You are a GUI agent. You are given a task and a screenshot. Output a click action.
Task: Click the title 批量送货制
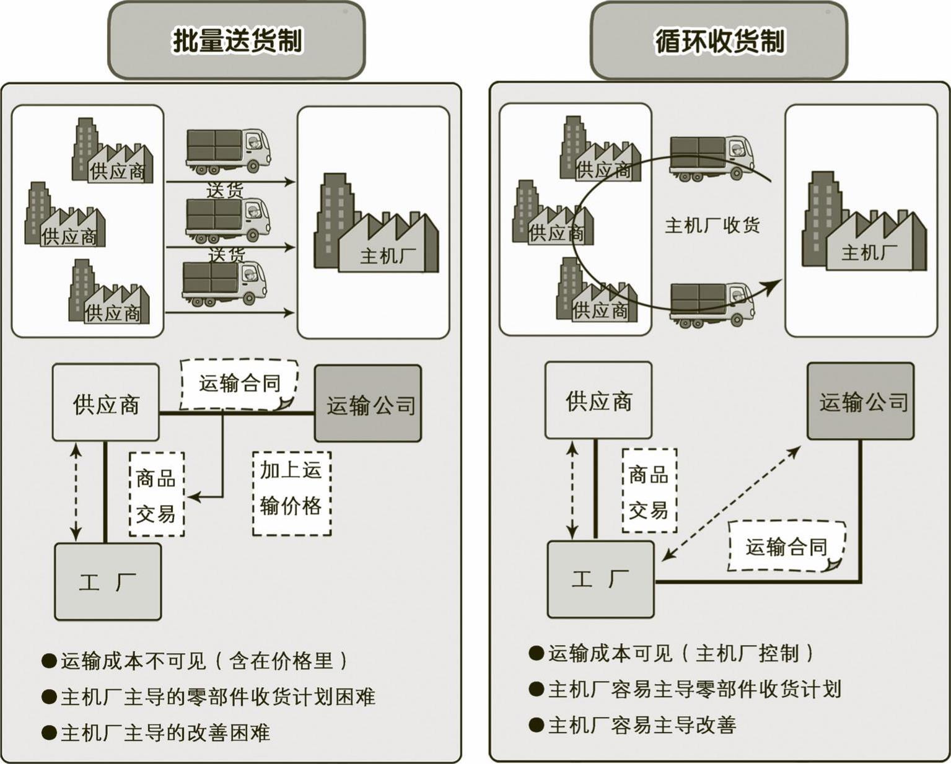pyautogui.click(x=237, y=41)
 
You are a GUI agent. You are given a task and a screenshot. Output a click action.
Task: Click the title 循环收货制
pyautogui.click(x=719, y=41)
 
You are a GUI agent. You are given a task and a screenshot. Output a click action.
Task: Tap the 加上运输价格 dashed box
pyautogui.click(x=291, y=493)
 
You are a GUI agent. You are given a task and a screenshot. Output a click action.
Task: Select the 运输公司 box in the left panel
pyautogui.click(x=369, y=403)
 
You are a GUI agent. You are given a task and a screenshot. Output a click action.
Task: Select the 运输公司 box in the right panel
pyautogui.click(x=861, y=402)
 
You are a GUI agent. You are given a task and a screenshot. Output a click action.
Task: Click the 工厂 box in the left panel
pyautogui.click(x=108, y=581)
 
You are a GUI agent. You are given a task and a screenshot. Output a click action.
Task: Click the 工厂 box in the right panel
pyautogui.click(x=600, y=579)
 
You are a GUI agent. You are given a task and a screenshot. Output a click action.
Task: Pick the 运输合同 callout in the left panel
pyautogui.click(x=239, y=384)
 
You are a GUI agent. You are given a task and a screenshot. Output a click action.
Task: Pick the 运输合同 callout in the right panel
pyautogui.click(x=786, y=546)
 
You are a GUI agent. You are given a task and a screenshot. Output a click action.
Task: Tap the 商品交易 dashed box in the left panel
pyautogui.click(x=156, y=494)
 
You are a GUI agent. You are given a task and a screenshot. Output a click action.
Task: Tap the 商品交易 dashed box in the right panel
pyautogui.click(x=649, y=491)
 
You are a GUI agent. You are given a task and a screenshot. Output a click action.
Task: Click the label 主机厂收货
pyautogui.click(x=712, y=225)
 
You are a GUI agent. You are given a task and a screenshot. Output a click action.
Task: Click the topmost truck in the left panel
pyautogui.click(x=228, y=151)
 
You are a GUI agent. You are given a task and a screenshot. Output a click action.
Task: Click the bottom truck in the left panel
pyautogui.click(x=224, y=283)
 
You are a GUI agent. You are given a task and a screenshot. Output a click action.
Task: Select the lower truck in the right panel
pyautogui.click(x=712, y=304)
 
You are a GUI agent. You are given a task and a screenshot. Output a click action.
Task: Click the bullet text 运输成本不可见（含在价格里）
pyautogui.click(x=204, y=661)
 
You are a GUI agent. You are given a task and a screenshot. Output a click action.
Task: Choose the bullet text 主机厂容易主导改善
pyautogui.click(x=642, y=724)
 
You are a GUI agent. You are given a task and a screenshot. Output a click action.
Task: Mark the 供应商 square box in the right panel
pyautogui.click(x=598, y=401)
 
